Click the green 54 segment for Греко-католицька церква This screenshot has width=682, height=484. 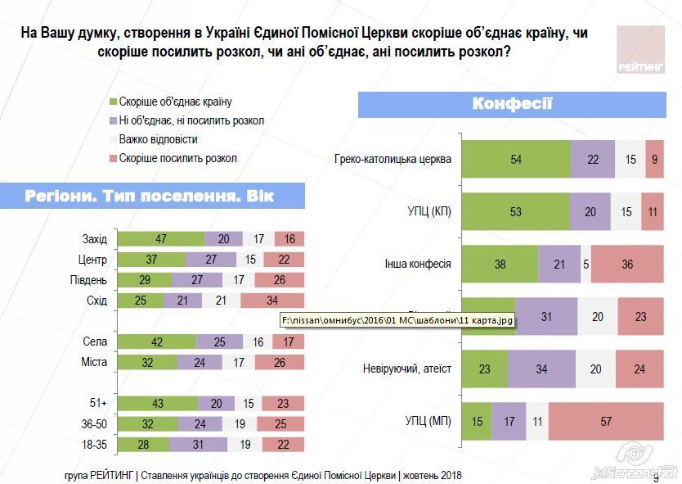pos(516,159)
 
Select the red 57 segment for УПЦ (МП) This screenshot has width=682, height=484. pos(606,423)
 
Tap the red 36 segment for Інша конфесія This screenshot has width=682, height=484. pos(627,265)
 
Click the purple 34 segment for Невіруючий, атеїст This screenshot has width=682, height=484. pos(541,369)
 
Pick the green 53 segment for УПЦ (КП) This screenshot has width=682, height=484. pos(515,212)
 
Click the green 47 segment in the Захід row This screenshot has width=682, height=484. pos(162,238)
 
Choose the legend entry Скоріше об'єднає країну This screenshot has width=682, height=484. pos(175,102)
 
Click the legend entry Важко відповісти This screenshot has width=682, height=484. pos(158,139)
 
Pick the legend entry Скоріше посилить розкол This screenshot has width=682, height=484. pos(177,158)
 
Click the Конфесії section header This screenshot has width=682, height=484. pos(512,105)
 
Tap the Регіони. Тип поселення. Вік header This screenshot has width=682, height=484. pos(152,197)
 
